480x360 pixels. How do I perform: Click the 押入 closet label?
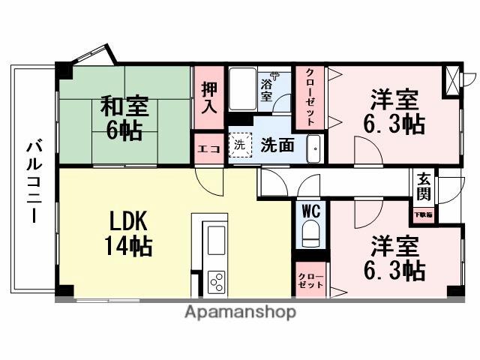point(209,95)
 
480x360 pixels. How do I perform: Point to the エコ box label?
point(208,148)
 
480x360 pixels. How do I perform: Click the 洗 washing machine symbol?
point(239,145)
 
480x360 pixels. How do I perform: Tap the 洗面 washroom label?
point(277,146)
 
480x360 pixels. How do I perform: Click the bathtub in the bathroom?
point(242,89)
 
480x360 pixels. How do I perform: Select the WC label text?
point(310,211)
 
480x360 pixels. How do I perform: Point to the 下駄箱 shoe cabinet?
point(424,214)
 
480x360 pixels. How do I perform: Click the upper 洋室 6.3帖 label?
point(394,112)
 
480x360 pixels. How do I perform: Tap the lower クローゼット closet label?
point(310,279)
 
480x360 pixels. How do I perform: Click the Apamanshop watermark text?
point(240,311)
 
